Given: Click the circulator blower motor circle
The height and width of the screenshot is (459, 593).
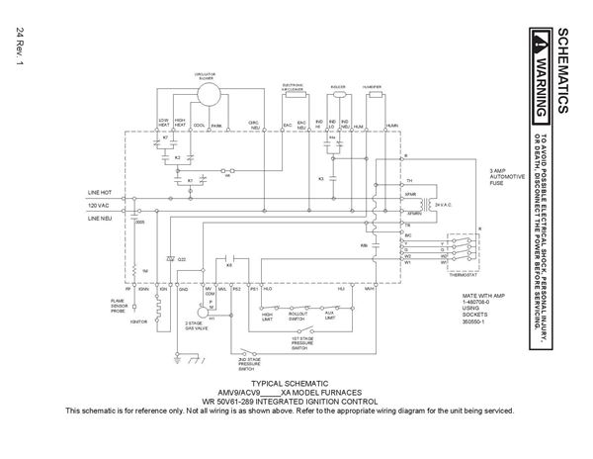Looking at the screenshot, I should pyautogui.click(x=210, y=93).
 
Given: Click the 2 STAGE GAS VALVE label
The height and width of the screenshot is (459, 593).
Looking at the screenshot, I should pyautogui.click(x=197, y=325).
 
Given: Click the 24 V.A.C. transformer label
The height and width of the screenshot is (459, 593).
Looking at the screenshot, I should pyautogui.click(x=436, y=203).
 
